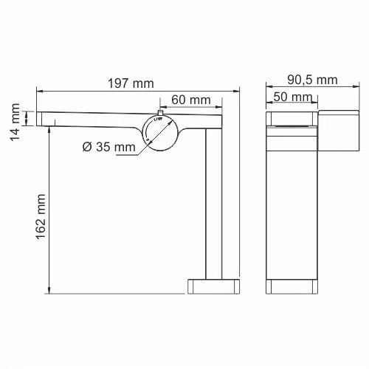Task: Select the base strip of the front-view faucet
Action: (x=293, y=285)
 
